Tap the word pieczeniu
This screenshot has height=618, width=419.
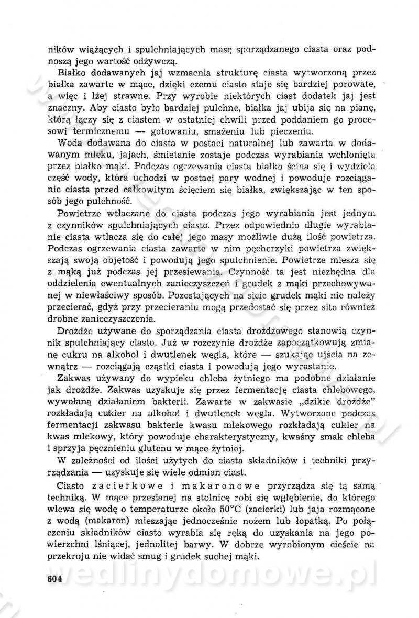tap(295, 131)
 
